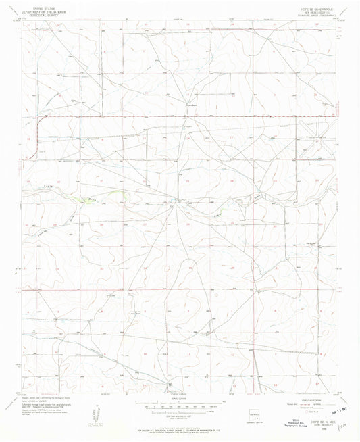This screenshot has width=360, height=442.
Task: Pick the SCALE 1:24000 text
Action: (x=179, y=397)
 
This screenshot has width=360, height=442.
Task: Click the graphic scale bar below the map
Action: (x=179, y=403)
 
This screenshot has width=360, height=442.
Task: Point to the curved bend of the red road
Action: (x=41, y=122)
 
